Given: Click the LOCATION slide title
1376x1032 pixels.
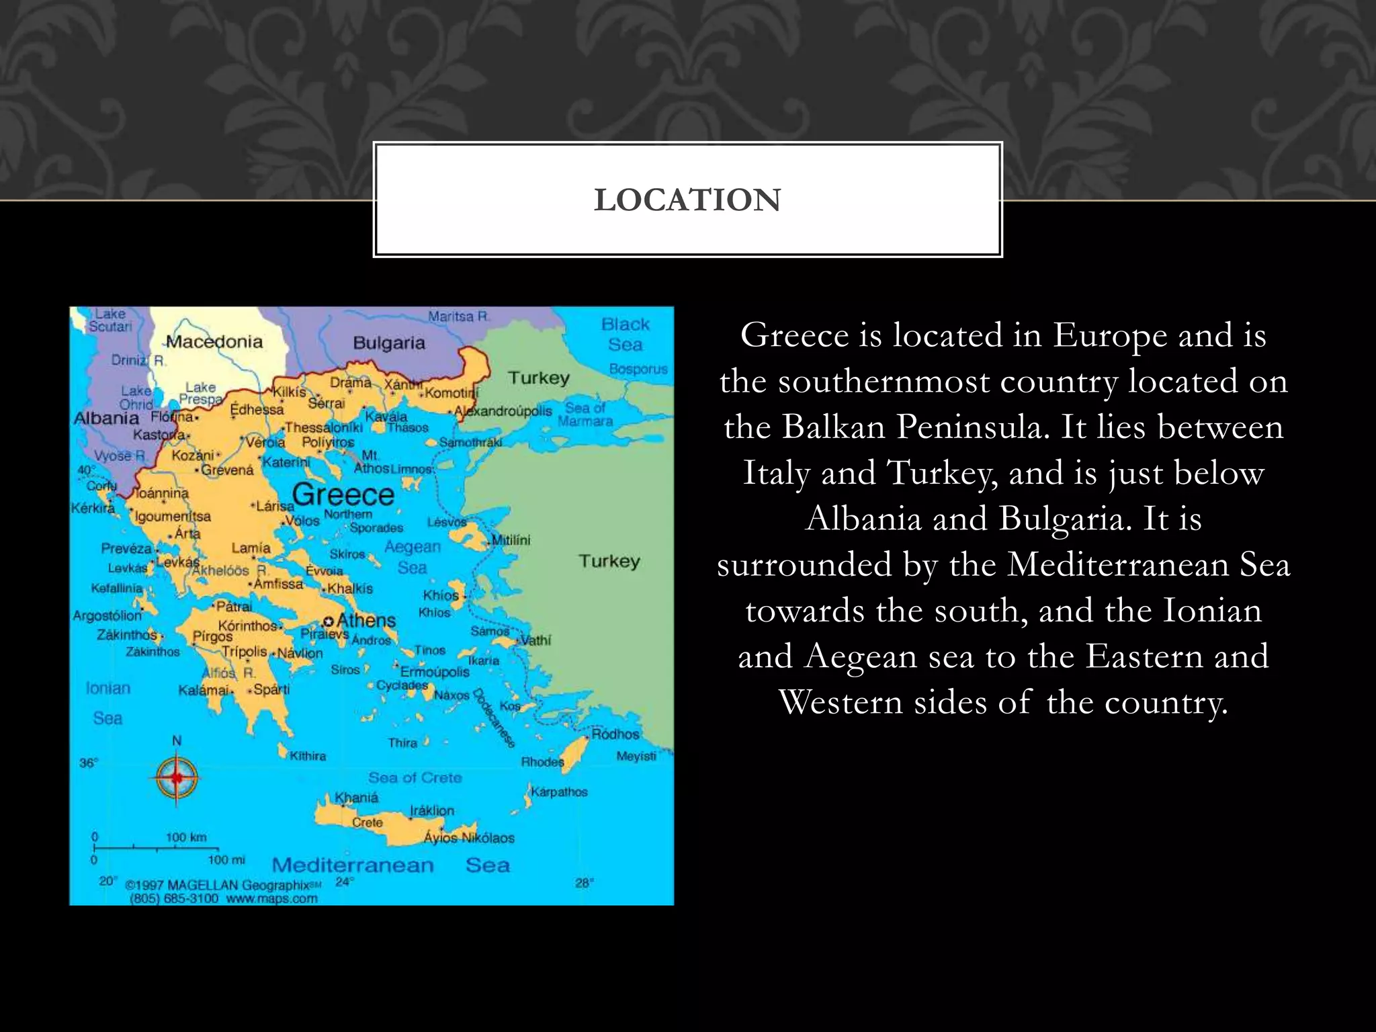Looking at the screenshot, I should (687, 200).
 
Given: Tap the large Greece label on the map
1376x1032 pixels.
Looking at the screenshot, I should (343, 495).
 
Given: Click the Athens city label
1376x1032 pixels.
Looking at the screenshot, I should (366, 620).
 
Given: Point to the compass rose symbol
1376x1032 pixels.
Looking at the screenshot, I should (177, 777).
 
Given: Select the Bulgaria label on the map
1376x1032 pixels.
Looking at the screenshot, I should (389, 343).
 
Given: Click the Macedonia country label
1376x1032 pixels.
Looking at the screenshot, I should (214, 342).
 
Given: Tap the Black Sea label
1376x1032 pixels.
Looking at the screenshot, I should (626, 335).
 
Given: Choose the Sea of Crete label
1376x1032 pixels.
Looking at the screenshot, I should (415, 778).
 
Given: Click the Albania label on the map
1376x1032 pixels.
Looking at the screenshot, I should (106, 418).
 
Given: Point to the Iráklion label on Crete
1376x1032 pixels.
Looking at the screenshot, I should (432, 811).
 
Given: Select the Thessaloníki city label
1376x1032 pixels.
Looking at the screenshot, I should (324, 428).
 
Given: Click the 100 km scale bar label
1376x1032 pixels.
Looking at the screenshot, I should (186, 837).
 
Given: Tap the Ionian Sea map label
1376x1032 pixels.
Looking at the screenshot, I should (107, 703).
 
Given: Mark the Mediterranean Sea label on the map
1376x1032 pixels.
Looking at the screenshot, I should (390, 865).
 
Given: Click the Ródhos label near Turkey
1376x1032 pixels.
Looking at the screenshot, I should (615, 734).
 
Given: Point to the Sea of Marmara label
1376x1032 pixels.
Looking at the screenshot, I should (585, 415).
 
